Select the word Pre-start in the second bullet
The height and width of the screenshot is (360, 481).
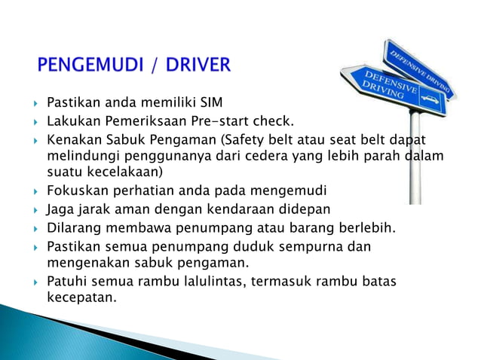[216, 121]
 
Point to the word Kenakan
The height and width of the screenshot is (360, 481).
[72, 139]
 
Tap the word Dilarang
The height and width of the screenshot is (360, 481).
[74, 227]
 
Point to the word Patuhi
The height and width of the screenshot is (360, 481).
[66, 281]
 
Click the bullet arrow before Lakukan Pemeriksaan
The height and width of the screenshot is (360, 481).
[35, 121]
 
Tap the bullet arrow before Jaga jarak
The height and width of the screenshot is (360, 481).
[35, 208]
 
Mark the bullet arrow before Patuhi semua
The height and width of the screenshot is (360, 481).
[35, 282]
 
